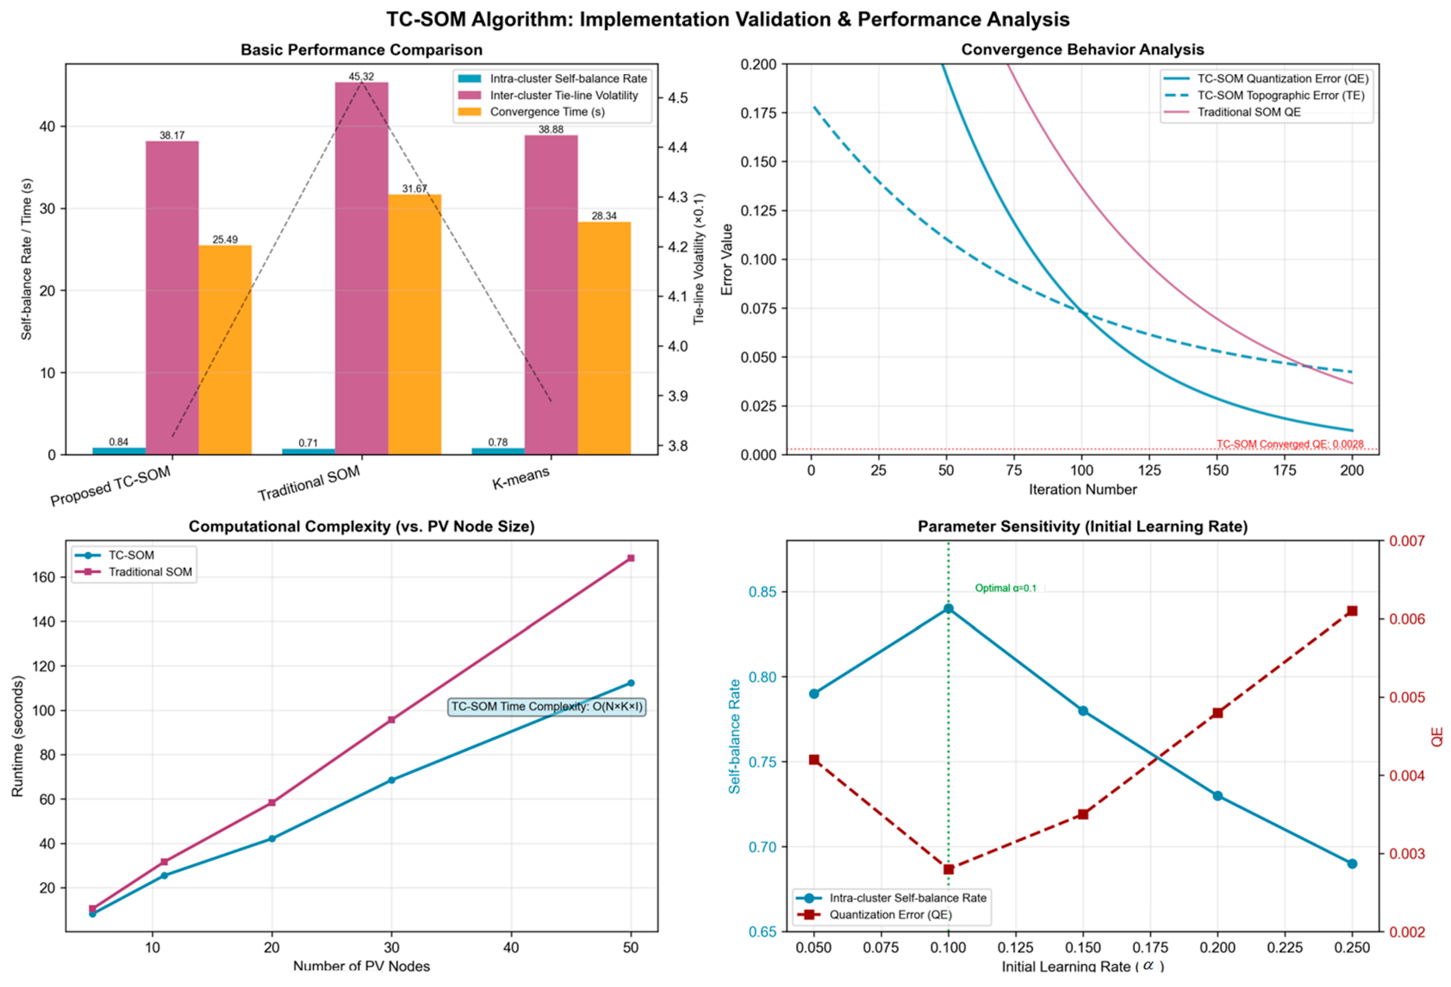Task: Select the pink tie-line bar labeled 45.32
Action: pos(361,268)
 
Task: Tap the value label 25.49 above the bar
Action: pos(225,240)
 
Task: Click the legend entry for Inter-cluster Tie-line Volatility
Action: pos(563,96)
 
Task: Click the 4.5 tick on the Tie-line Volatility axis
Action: pos(678,98)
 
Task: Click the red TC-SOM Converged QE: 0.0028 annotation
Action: pos(1289,444)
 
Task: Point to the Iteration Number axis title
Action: pos(1082,490)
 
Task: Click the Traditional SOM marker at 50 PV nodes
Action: pos(630,558)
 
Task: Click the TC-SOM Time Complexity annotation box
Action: pos(546,707)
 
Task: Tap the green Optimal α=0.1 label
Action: pos(1005,588)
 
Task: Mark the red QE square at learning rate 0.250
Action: pos(1352,610)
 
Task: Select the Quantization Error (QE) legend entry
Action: pos(890,915)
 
